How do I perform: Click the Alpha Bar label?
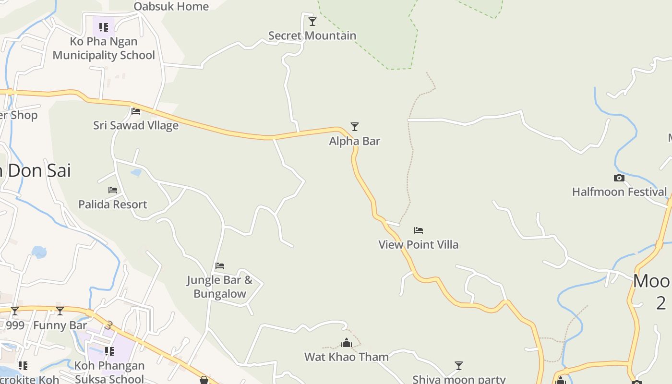354,141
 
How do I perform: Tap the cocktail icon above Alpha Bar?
355,127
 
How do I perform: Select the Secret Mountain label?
312,36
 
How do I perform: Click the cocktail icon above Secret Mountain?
312,22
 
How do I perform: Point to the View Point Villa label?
418,245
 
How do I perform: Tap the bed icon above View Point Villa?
419,230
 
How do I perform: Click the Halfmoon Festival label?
619,192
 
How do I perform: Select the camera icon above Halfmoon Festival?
619,178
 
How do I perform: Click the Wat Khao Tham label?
347,357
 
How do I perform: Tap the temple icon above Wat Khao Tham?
347,343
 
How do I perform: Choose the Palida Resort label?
113,204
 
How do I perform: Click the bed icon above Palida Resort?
113,190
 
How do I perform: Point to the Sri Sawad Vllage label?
136,126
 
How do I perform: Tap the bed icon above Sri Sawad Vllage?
136,111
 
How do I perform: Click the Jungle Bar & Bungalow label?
220,287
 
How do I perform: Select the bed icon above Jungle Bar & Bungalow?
220,265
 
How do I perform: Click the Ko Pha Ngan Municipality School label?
104,48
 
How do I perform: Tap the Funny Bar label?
60,325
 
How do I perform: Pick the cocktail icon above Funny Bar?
60,311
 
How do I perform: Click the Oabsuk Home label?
171,6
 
